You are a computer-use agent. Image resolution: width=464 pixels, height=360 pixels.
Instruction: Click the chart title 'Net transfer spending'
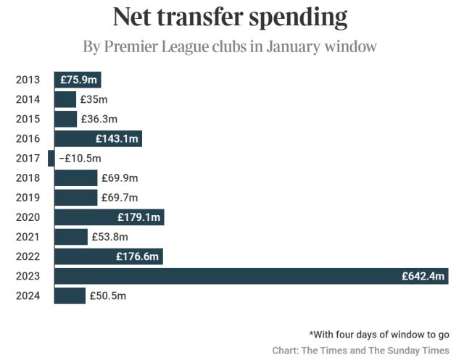pyautogui.click(x=230, y=17)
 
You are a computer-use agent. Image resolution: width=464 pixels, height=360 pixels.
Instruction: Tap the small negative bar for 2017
pyautogui.click(x=51, y=158)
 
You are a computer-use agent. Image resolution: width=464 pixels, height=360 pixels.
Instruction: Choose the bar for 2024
pyautogui.click(x=70, y=296)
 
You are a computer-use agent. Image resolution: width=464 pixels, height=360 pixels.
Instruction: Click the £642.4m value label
pyautogui.click(x=423, y=276)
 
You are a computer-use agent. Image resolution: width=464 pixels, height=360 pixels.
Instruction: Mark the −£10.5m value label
pyautogui.click(x=80, y=158)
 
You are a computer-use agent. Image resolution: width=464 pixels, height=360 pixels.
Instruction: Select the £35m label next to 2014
pyautogui.click(x=94, y=99)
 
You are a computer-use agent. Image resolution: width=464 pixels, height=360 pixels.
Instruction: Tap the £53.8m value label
pyautogui.click(x=109, y=237)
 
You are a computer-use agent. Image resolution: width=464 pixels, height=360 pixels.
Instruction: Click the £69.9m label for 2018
pyautogui.click(x=119, y=177)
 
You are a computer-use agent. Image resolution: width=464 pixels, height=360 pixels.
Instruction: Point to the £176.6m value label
pyautogui.click(x=138, y=256)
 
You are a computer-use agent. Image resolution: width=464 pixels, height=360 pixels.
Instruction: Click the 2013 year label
pyautogui.click(x=28, y=80)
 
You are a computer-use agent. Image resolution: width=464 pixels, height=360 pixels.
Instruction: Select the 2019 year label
pyautogui.click(x=28, y=197)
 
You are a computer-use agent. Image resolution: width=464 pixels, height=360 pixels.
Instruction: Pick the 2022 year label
pyautogui.click(x=28, y=256)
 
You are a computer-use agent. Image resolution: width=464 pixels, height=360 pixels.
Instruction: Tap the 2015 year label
pyautogui.click(x=28, y=119)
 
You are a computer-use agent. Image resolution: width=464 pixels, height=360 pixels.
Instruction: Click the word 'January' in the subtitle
pyautogui.click(x=272, y=47)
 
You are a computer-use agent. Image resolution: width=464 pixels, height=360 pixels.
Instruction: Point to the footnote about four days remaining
pyautogui.click(x=378, y=335)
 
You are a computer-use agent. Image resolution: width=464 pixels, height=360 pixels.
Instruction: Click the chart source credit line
pyautogui.click(x=360, y=351)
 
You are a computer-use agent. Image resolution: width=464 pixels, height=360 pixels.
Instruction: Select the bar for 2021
pyautogui.click(x=71, y=237)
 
